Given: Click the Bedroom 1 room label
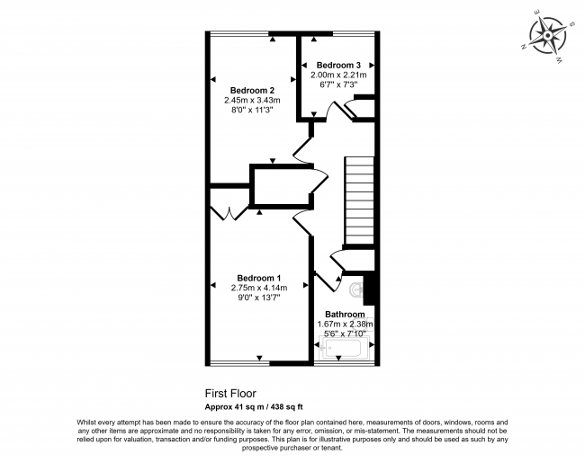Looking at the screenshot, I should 259,277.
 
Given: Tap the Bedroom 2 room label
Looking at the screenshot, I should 252,90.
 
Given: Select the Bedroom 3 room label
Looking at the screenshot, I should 338,65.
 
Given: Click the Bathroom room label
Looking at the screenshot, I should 345,314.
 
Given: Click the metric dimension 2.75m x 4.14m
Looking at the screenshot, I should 259,287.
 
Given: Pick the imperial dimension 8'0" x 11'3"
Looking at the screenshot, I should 252,111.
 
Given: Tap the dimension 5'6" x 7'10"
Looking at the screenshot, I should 345,334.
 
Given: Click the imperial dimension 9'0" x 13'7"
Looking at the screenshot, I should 259,297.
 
